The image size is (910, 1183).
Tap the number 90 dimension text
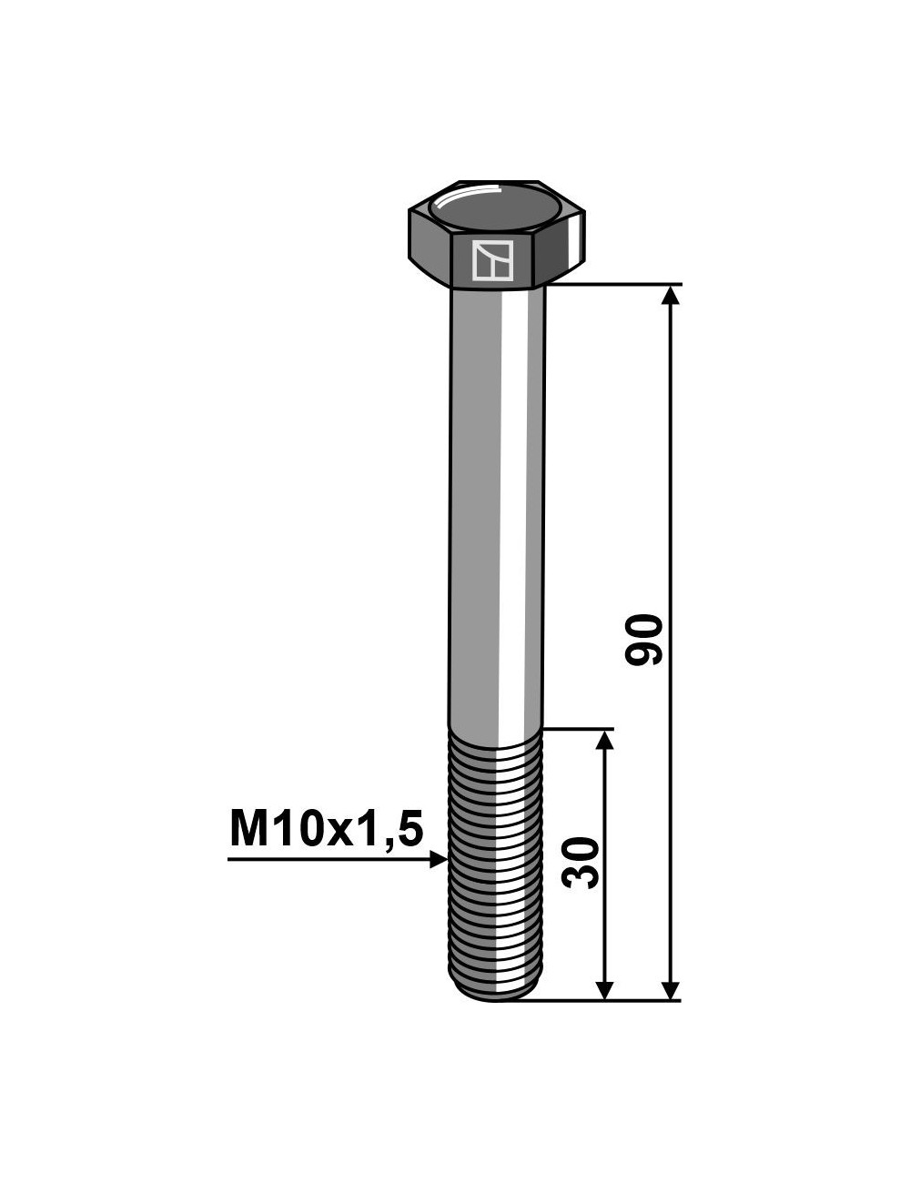click(x=644, y=640)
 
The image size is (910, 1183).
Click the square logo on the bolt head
click(x=492, y=262)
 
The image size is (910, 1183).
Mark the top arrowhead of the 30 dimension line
click(x=604, y=740)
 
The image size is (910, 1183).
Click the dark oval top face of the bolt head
click(x=495, y=207)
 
